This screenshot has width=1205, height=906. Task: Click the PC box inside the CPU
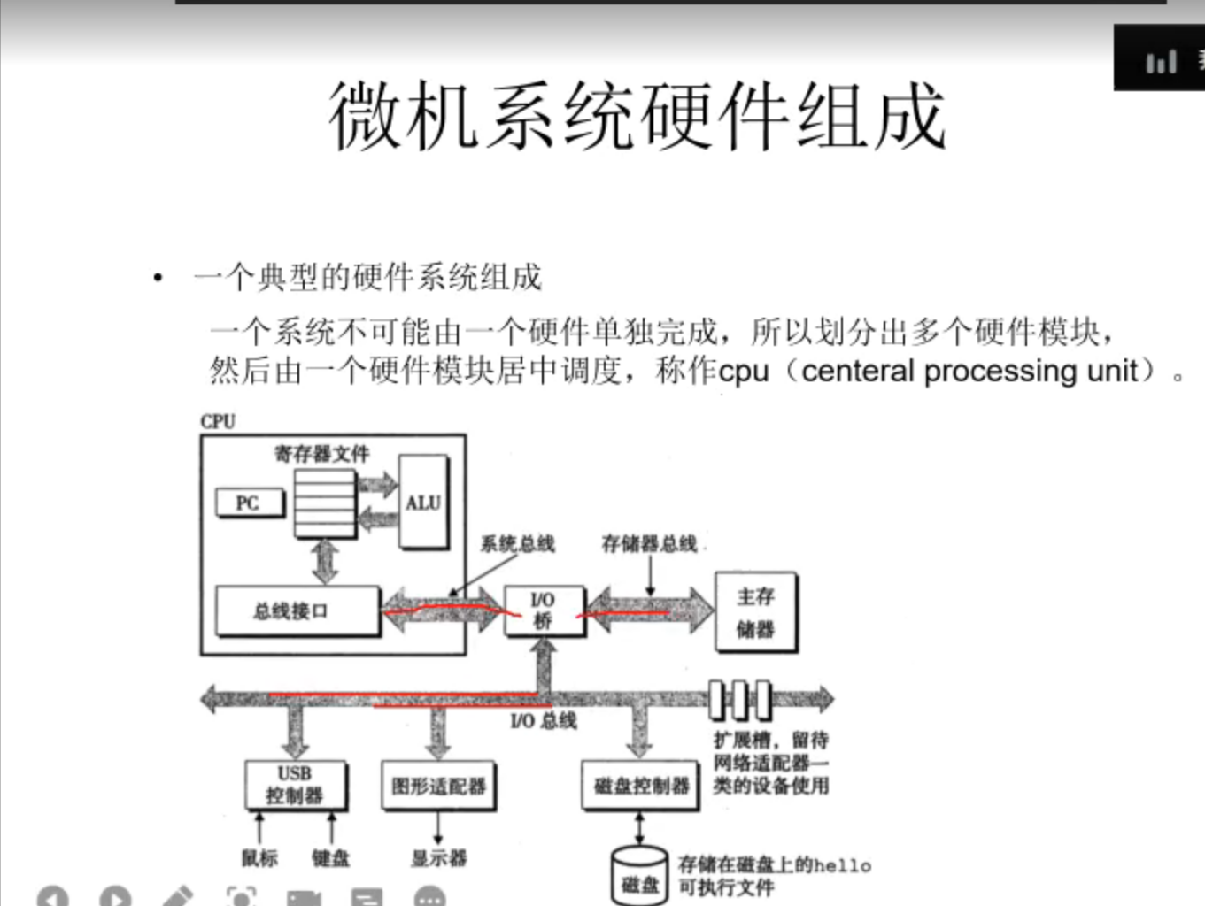[250, 503]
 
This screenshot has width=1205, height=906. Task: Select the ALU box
[422, 502]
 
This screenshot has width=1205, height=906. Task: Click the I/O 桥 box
[543, 610]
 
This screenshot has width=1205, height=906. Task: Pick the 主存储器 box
[755, 612]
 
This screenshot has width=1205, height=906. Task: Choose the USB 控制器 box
[295, 785]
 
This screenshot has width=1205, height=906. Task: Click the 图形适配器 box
[438, 785]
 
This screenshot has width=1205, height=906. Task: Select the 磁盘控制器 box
[641, 785]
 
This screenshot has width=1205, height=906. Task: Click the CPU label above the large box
[218, 421]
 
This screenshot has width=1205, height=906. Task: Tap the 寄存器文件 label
[321, 455]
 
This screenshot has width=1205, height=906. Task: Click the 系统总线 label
[517, 543]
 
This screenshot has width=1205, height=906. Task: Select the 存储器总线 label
[649, 543]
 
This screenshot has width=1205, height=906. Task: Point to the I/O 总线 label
[544, 721]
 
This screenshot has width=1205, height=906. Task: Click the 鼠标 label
[259, 857]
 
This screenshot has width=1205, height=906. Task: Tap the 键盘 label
[330, 857]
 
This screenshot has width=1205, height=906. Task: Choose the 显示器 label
[438, 857]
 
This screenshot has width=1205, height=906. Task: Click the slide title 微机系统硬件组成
[637, 115]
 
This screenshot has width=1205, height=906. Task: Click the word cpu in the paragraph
[744, 371]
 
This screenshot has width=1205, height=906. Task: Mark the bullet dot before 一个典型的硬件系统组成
[158, 279]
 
